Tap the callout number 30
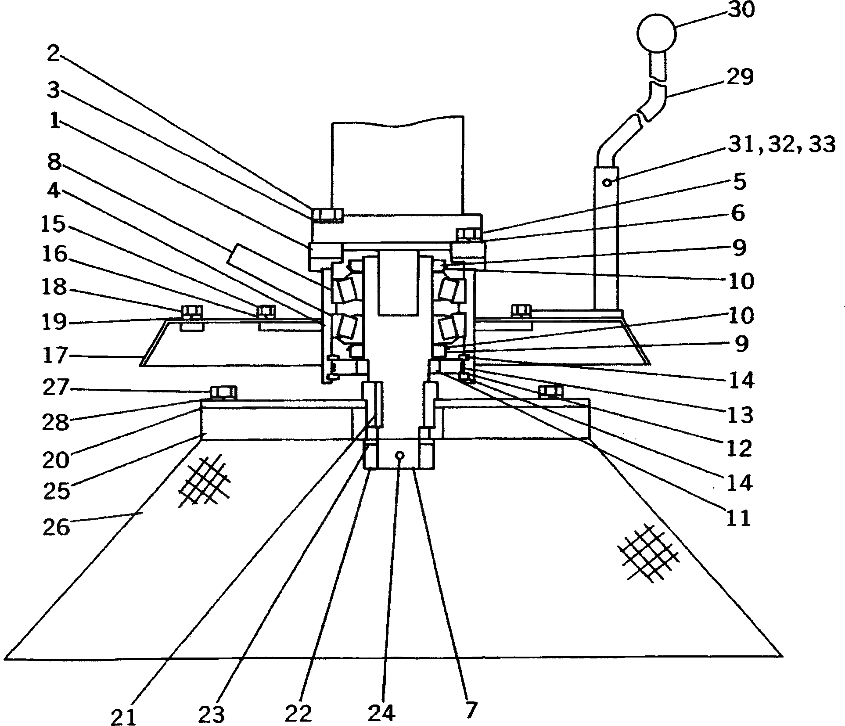741,10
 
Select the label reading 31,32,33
781,144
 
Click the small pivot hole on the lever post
607,182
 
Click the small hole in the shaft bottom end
399,455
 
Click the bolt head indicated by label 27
223,391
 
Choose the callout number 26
56,527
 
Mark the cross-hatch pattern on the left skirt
204,482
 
